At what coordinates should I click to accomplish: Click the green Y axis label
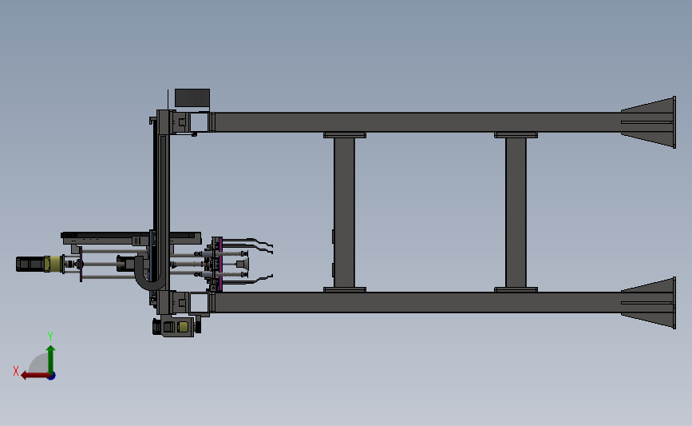[x=50, y=336]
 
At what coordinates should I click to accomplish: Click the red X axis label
[x=16, y=371]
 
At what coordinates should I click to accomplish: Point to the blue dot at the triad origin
[x=50, y=375]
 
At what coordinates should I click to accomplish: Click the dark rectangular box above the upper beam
[x=192, y=98]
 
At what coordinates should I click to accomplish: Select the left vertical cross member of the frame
[x=344, y=212]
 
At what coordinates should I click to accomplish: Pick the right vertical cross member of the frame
[x=516, y=212]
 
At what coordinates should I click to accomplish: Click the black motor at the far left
[x=30, y=264]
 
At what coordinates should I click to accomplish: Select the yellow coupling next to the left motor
[x=55, y=263]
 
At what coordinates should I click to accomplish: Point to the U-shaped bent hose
[x=149, y=277]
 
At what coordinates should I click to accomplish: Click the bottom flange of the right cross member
[x=516, y=289]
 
